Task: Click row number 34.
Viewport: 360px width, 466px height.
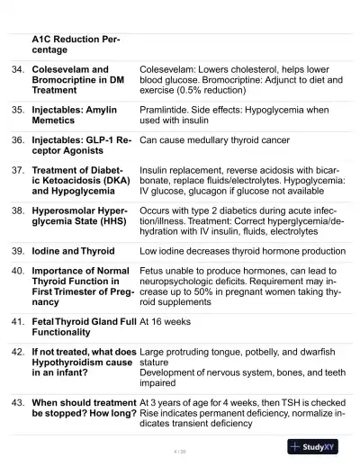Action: pyautogui.click(x=17, y=69)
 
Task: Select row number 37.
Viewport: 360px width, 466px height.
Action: pyautogui.click(x=17, y=169)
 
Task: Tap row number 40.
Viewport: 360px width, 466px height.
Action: pyautogui.click(x=17, y=270)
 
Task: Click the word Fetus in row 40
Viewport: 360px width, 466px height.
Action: pyautogui.click(x=155, y=270)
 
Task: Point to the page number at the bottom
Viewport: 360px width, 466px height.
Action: pyautogui.click(x=179, y=450)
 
